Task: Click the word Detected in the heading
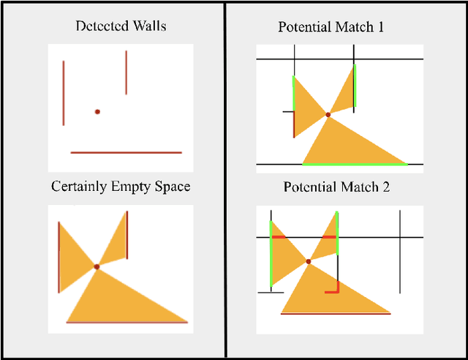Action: tap(99, 26)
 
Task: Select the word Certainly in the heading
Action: tap(78, 187)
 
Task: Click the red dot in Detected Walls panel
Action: tap(97, 112)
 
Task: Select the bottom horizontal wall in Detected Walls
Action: tap(126, 152)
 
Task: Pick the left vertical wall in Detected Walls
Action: tap(64, 93)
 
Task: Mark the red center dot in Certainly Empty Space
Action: tap(97, 267)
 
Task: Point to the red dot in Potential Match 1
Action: tap(328, 115)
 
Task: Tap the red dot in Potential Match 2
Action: tap(309, 261)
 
